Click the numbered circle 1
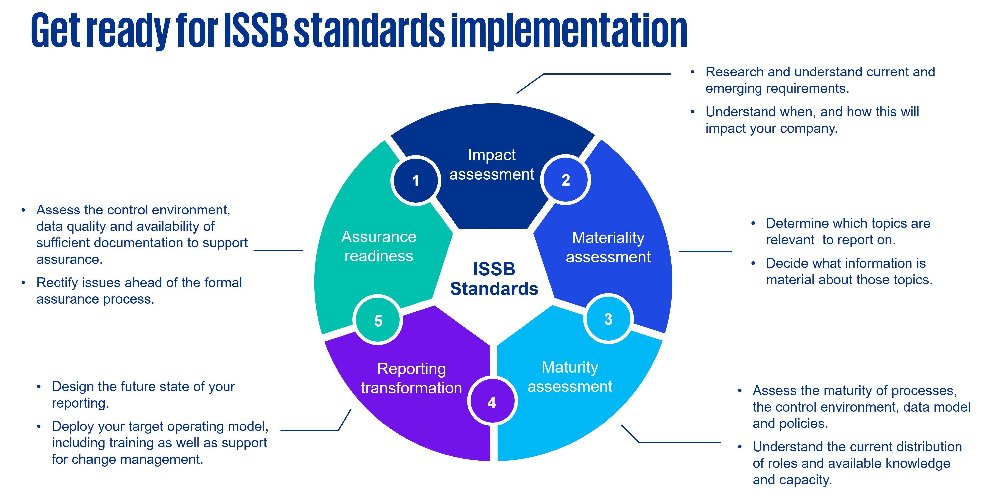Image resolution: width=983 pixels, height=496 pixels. [416, 180]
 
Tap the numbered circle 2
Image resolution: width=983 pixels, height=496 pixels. [566, 180]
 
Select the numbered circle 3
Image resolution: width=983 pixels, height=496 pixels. [608, 319]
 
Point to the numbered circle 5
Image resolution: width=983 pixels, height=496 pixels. [378, 320]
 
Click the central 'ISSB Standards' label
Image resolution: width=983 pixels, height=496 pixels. [494, 279]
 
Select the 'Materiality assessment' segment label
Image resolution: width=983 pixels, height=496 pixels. [608, 247]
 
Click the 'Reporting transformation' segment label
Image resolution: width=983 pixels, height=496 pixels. [411, 378]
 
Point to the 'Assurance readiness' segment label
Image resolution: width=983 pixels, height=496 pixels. [378, 246]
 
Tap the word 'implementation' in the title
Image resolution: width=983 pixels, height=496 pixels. [569, 31]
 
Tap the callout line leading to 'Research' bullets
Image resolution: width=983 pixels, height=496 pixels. [607, 74]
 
